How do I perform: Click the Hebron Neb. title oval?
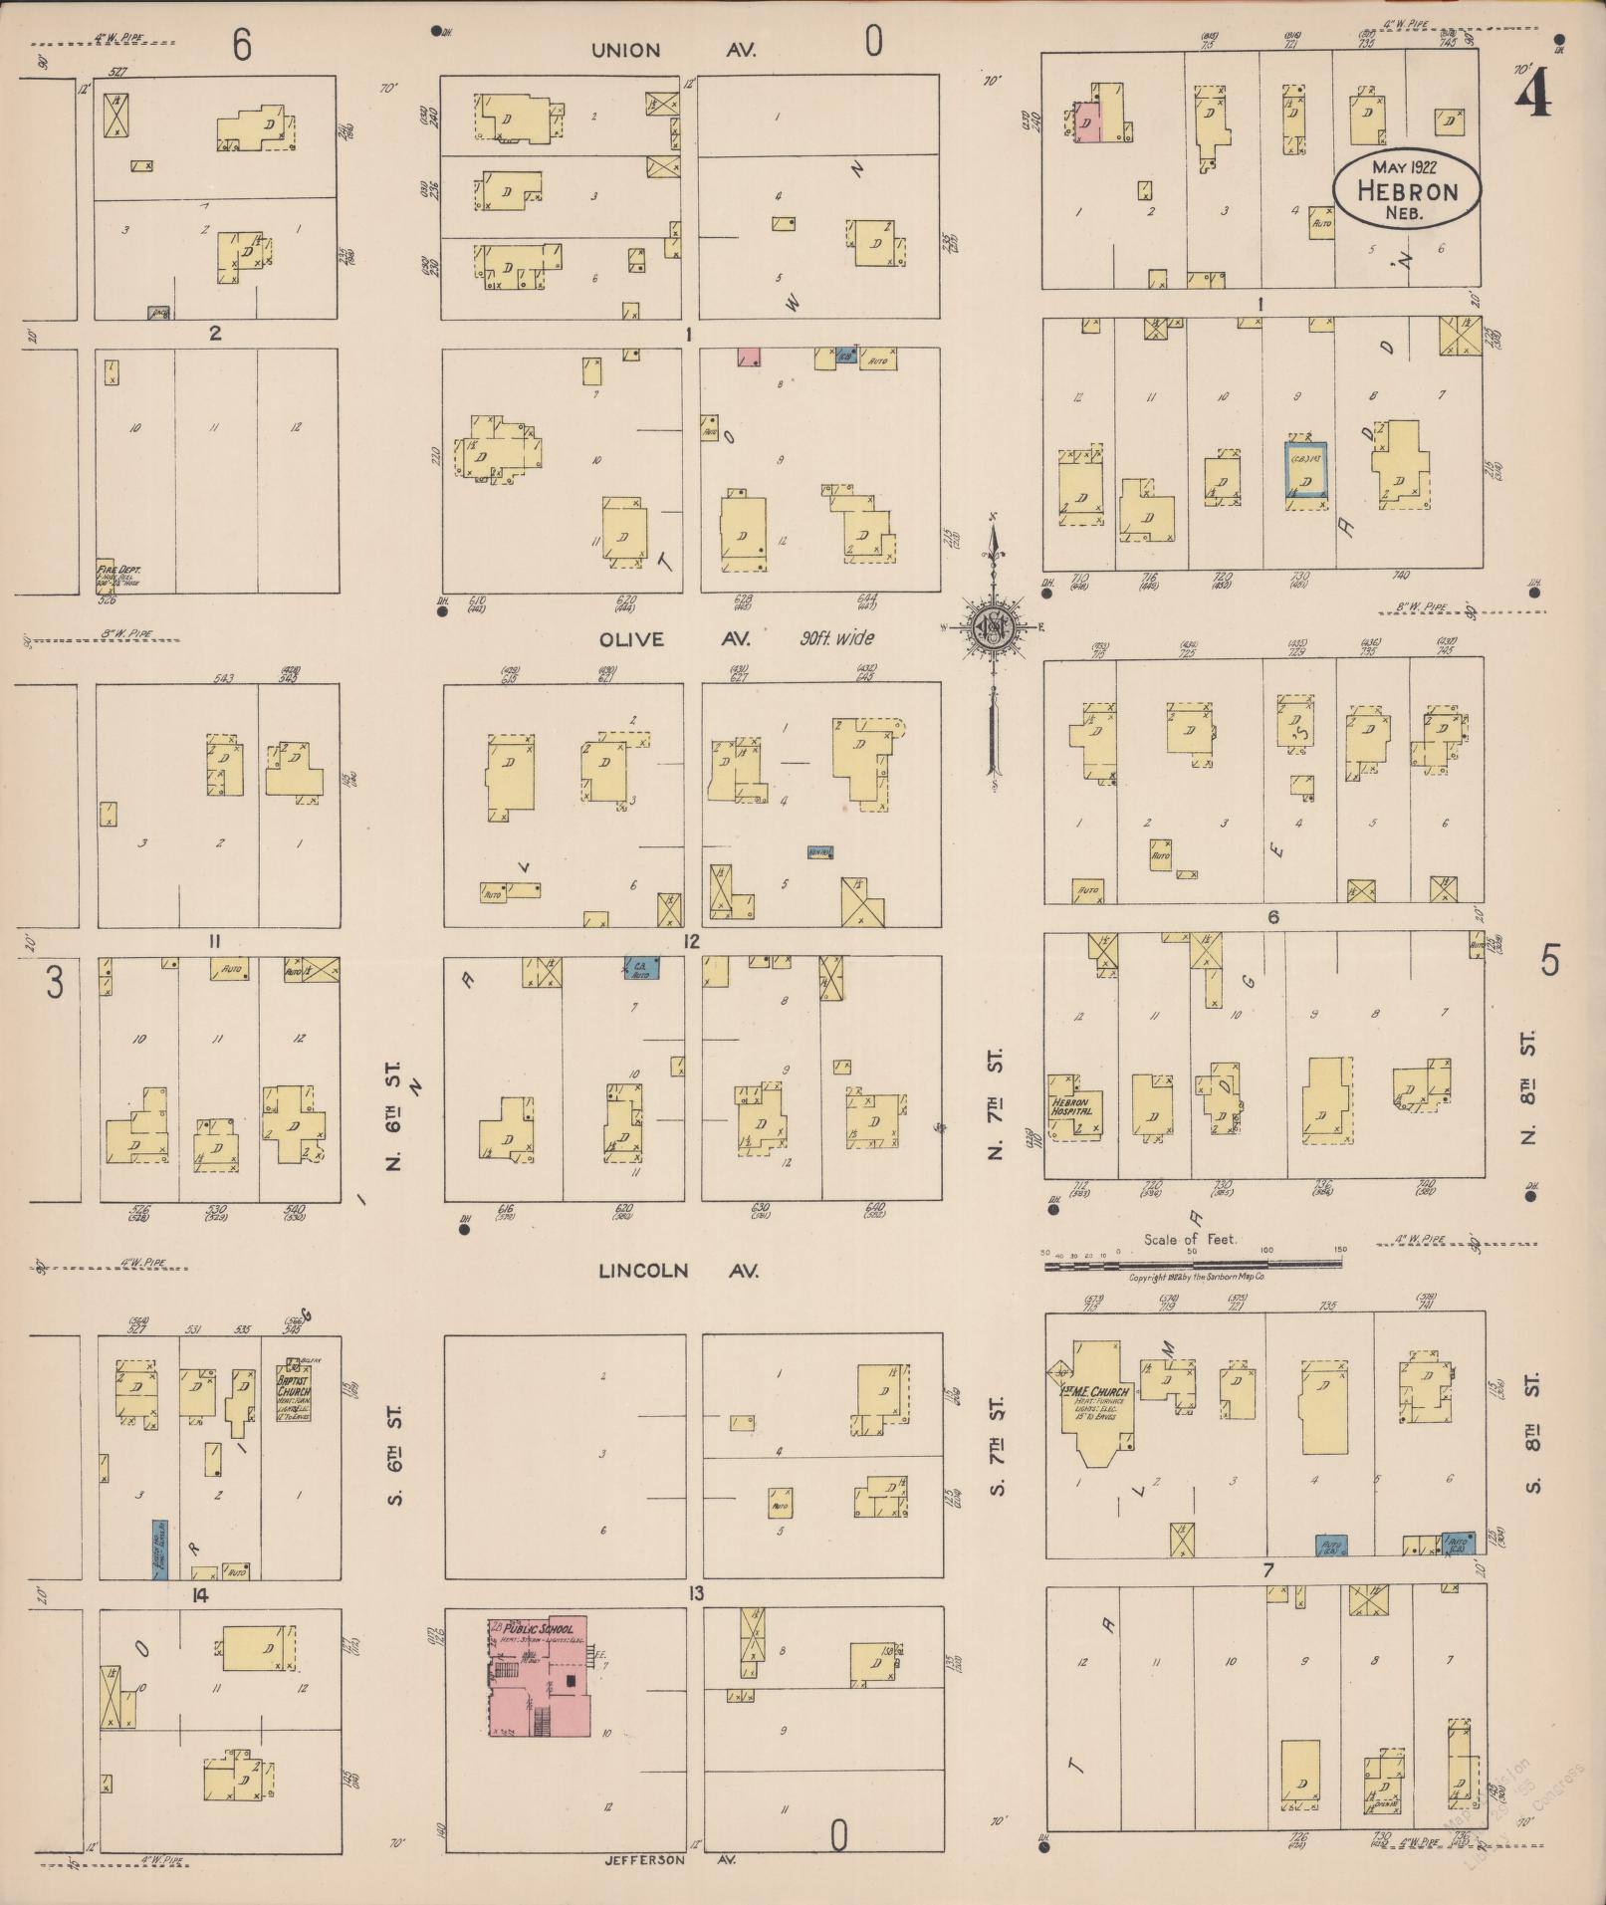[1406, 189]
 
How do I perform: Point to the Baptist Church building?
[293, 1392]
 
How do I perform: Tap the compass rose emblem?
[993, 625]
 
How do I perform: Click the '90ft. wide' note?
[837, 638]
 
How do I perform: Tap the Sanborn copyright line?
[1196, 1277]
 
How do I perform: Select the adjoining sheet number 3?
[54, 984]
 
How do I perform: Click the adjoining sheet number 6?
[242, 45]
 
